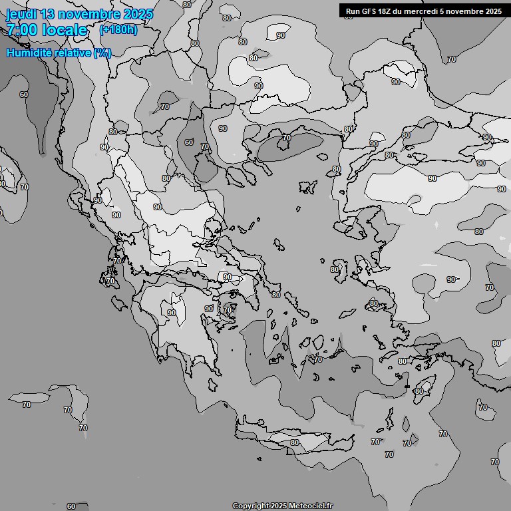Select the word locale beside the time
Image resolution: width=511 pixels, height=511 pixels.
(x=65, y=30)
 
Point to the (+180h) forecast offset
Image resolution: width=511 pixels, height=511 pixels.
(x=118, y=29)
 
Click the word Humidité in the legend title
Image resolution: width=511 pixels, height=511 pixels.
(x=29, y=53)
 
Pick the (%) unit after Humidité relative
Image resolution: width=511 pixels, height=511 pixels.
(x=102, y=53)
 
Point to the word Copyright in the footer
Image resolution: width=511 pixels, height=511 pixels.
(x=251, y=506)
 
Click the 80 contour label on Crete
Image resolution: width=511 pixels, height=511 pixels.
(x=294, y=442)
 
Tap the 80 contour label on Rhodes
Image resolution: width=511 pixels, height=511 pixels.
(x=419, y=391)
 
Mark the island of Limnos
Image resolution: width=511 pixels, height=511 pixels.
(x=308, y=188)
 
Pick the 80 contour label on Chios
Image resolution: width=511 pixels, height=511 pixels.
(x=335, y=269)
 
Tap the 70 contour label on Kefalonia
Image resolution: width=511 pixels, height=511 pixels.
(x=111, y=281)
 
